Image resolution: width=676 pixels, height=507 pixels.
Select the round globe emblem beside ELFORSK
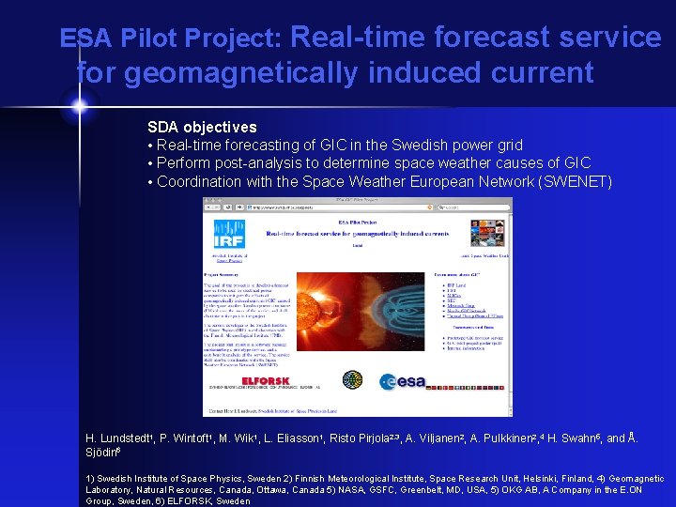click(x=352, y=380)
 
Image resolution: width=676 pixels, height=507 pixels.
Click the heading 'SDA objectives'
click(x=202, y=127)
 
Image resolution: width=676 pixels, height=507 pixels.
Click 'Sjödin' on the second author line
click(x=103, y=452)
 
